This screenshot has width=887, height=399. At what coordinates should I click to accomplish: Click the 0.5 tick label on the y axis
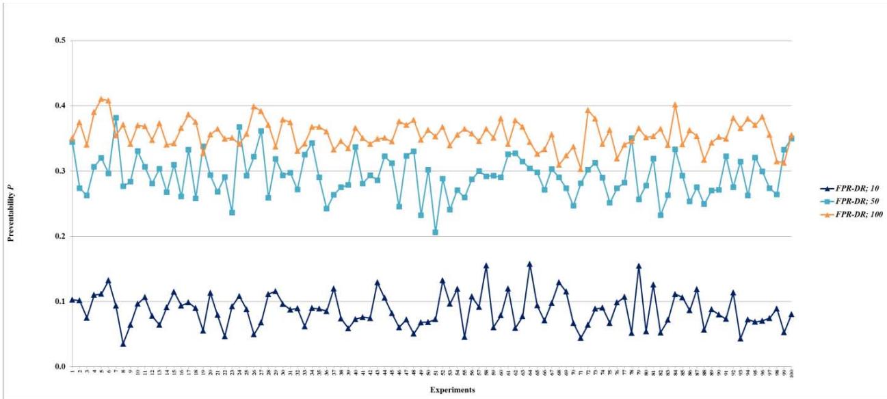(x=59, y=40)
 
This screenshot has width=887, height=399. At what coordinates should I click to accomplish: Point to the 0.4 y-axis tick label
(x=59, y=106)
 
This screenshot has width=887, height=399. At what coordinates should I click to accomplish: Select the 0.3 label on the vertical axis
(x=59, y=171)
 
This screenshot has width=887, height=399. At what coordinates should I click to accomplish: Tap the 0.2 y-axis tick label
(x=59, y=237)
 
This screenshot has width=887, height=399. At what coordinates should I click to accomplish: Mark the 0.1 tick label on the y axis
(x=59, y=302)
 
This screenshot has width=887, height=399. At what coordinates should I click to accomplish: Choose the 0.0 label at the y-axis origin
(x=59, y=367)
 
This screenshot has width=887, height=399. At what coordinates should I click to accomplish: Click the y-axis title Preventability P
(x=11, y=205)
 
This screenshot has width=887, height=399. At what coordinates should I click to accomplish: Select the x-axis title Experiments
(x=430, y=391)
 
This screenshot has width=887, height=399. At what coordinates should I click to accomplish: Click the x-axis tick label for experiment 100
(x=792, y=374)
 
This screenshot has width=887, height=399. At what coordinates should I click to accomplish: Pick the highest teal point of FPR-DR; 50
(x=116, y=118)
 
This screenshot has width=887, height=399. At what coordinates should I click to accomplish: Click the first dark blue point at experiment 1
(x=72, y=300)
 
